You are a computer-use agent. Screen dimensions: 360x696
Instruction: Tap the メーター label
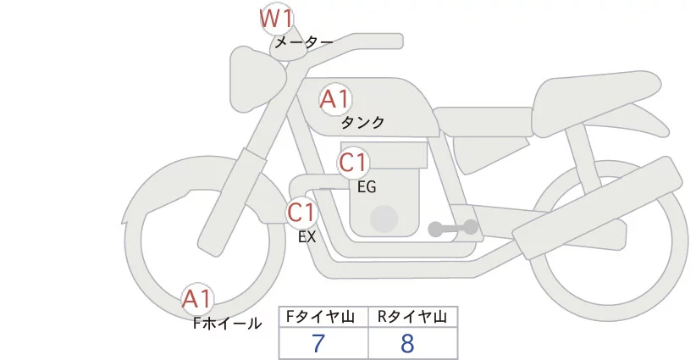coord(303,42)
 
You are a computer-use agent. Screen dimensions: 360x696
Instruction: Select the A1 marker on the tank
coord(335,100)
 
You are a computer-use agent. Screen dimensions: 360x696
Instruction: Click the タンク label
coord(362,123)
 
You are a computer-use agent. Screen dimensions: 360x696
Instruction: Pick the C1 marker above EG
coord(353,163)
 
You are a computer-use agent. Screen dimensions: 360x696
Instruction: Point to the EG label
coord(367,186)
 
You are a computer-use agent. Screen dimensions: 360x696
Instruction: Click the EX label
coord(307,237)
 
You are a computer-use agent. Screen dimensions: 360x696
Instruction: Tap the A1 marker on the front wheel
coord(198,299)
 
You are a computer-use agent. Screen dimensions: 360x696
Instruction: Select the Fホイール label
coord(228,323)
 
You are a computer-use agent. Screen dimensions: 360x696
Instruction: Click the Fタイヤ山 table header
coord(323,317)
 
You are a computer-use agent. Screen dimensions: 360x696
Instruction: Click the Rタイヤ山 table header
coord(412,317)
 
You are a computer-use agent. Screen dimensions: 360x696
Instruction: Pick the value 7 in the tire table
coord(318,344)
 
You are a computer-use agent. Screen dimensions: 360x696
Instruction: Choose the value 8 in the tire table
coord(408,344)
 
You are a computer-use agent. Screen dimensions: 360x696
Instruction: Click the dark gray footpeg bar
coord(454,228)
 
